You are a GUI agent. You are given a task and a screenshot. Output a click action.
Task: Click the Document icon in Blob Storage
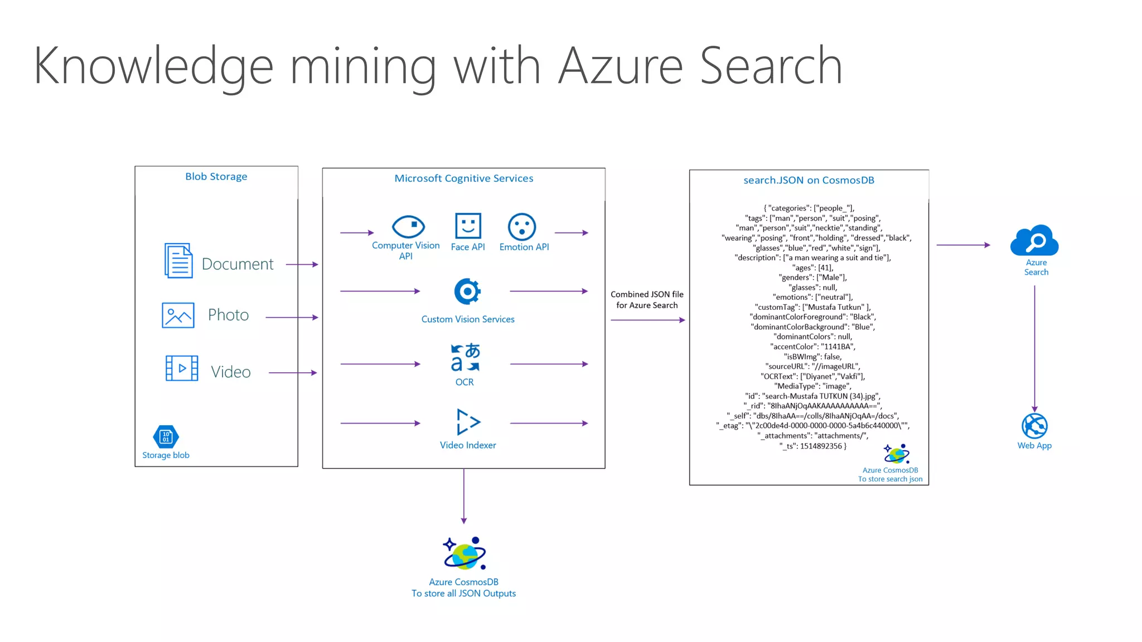click(x=178, y=260)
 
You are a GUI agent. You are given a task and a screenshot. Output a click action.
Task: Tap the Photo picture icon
click(x=178, y=315)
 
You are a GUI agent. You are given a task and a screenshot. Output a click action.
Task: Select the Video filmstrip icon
click(x=182, y=368)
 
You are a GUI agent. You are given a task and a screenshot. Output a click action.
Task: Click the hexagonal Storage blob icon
click(x=166, y=437)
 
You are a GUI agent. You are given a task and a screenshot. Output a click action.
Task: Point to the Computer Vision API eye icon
click(x=408, y=226)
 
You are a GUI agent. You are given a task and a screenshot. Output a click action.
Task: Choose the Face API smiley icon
click(x=468, y=226)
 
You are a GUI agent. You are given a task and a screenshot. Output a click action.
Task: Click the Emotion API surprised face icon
click(x=522, y=227)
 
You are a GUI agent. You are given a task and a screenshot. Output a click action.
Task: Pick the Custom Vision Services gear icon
click(x=467, y=291)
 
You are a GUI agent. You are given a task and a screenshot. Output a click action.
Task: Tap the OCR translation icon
click(x=465, y=357)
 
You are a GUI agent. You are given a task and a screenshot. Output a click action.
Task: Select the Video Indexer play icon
click(x=468, y=422)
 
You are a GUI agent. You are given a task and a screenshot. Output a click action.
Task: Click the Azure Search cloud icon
click(x=1034, y=240)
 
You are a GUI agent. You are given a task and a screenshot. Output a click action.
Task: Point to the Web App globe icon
click(x=1034, y=426)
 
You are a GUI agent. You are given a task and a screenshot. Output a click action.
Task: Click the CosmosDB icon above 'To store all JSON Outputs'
click(x=464, y=553)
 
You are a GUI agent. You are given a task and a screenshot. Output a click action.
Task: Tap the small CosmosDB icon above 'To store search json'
click(x=897, y=454)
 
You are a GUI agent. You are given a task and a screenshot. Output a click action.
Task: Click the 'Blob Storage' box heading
click(x=216, y=177)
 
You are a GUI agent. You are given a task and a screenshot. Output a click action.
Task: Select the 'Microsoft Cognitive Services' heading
click(x=463, y=178)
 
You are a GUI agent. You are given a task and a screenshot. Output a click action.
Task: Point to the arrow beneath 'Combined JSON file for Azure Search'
click(x=647, y=320)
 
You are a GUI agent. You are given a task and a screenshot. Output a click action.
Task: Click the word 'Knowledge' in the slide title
click(x=153, y=66)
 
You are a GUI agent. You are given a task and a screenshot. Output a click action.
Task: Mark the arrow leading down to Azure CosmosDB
click(x=463, y=496)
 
